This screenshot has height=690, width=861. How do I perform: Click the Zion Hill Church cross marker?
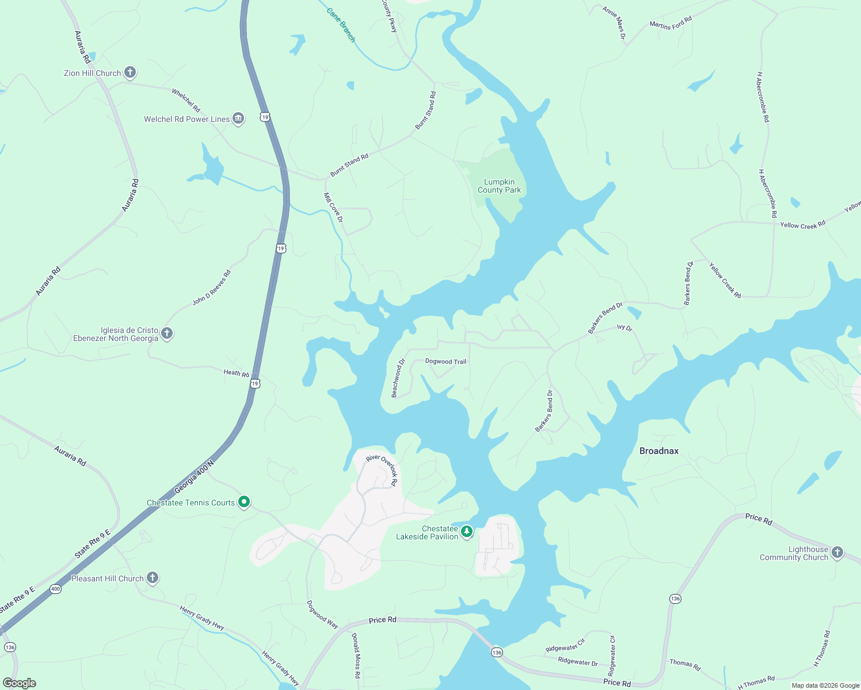tap(130, 72)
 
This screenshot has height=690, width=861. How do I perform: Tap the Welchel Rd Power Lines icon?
tap(238, 118)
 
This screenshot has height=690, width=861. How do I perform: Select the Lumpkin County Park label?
tap(499, 186)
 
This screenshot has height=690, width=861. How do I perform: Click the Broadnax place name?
tap(659, 451)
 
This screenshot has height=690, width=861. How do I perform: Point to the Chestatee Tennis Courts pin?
tap(244, 502)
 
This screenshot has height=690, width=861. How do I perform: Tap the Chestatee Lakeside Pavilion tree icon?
tap(467, 532)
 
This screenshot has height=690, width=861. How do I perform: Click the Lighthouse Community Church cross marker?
tap(837, 553)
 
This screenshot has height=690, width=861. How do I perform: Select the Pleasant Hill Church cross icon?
tap(153, 578)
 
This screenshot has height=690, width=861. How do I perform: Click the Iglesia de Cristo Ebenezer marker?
tap(167, 333)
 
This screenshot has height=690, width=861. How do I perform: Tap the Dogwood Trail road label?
tap(445, 362)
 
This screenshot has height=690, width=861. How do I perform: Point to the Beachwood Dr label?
tap(398, 378)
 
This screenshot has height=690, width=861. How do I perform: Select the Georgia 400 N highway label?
tap(194, 477)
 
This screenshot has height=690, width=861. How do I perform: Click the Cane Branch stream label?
tap(341, 25)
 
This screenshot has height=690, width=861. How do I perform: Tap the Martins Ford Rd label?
tap(670, 24)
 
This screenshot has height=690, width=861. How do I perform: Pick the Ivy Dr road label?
tap(624, 328)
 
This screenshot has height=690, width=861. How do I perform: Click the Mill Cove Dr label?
tap(333, 207)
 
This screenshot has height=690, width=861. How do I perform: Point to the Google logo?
tap(20, 683)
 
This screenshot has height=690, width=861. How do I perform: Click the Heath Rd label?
tap(236, 373)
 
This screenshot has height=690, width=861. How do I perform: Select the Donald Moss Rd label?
tap(356, 655)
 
